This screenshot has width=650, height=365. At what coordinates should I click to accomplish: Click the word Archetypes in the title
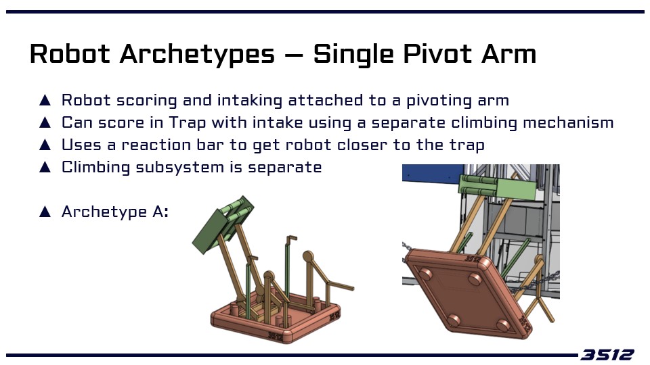coord(197,55)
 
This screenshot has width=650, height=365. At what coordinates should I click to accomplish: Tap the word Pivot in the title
coord(437,54)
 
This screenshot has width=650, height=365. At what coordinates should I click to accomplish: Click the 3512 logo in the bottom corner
coord(607,355)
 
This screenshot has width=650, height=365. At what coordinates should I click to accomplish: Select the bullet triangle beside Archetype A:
coord(45,212)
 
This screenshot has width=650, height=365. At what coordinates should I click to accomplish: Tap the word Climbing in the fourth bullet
coord(95,168)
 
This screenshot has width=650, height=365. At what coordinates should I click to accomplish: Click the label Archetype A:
coord(115,212)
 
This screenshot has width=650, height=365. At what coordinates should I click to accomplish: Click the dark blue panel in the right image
coord(433,172)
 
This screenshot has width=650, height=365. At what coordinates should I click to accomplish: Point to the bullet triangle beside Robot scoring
coord(45,101)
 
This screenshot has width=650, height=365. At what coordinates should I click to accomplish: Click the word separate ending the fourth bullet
coord(285,168)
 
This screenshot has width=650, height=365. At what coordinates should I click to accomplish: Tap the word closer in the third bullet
coord(362,145)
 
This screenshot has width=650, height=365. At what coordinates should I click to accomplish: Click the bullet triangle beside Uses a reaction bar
coord(45,145)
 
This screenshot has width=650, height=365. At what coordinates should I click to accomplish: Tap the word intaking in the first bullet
coord(250,101)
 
